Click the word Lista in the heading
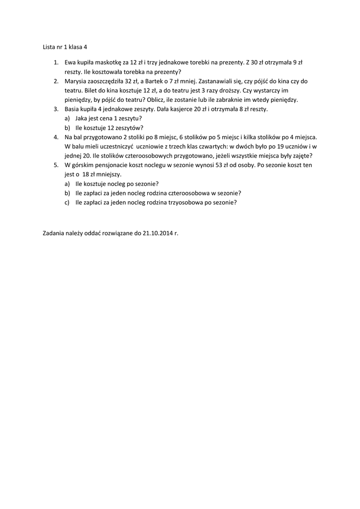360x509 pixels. pyautogui.click(x=49, y=47)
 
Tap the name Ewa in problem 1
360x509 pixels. pyautogui.click(x=70, y=63)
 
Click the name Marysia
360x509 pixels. pyautogui.click(x=76, y=81)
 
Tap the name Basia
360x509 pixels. pyautogui.click(x=73, y=109)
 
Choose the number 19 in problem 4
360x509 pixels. pyautogui.click(x=270, y=146)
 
